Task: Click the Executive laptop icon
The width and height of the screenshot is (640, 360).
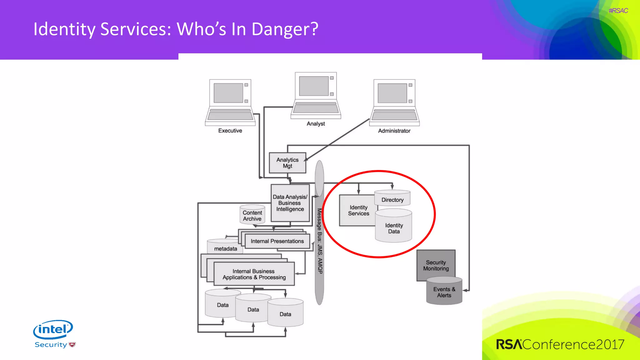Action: point(230,102)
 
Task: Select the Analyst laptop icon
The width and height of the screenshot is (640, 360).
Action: point(316,95)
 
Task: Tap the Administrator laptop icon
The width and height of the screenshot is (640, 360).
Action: point(394,102)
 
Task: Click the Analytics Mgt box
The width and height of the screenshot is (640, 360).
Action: point(287,163)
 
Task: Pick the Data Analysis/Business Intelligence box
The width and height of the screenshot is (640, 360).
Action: point(290,203)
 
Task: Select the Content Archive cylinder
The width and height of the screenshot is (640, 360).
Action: point(252,215)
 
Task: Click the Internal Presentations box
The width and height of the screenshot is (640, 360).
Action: point(277,241)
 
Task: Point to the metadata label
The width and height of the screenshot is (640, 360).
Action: point(226,249)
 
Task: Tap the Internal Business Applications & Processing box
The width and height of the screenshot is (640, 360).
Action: point(254,274)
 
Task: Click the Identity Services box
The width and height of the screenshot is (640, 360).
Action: point(358,210)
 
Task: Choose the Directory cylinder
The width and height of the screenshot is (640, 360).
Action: point(392,199)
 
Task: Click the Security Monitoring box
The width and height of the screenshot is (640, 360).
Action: point(436,265)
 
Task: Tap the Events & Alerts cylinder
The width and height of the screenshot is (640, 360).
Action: point(444,292)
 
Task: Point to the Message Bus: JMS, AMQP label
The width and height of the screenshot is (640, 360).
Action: point(320,241)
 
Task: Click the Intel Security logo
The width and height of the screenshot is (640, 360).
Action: point(54,334)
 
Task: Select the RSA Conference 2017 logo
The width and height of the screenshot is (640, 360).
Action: point(560,344)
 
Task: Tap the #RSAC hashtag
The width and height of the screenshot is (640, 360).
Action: point(618,11)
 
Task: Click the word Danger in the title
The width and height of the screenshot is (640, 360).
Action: point(285,29)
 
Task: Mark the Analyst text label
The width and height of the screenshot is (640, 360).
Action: point(316,124)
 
